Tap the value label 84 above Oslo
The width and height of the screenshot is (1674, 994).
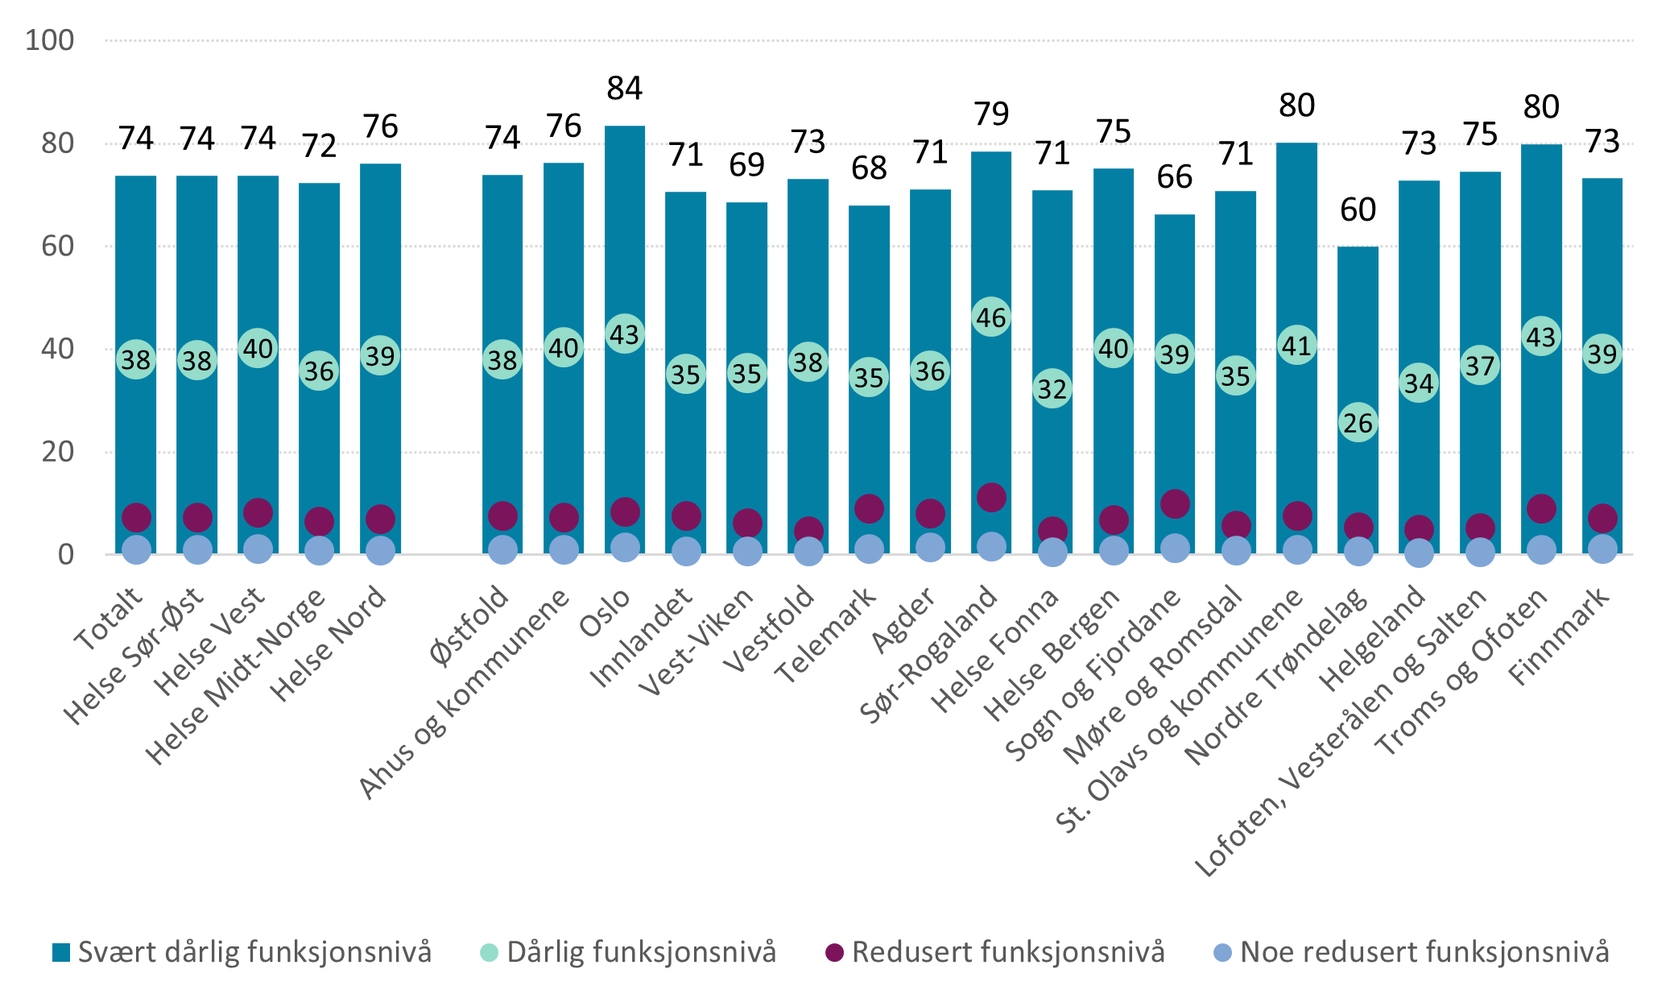(x=625, y=89)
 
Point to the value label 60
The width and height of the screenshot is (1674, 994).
(x=1358, y=210)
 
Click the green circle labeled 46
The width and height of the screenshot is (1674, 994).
(x=991, y=318)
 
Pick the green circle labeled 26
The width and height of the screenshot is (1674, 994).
(x=1358, y=423)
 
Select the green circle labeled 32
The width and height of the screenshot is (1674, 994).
(x=1052, y=389)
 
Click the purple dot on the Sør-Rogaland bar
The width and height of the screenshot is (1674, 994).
(x=991, y=498)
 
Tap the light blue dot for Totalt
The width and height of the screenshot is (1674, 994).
(x=136, y=550)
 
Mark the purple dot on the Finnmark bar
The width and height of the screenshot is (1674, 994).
(x=1602, y=518)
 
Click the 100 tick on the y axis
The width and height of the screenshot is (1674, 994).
(x=49, y=40)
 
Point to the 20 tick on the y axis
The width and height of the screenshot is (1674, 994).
(x=57, y=452)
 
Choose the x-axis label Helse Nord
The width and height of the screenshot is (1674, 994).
(x=329, y=644)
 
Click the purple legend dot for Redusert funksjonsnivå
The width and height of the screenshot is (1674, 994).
(x=834, y=953)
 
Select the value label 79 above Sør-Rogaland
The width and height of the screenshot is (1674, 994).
(x=991, y=114)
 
